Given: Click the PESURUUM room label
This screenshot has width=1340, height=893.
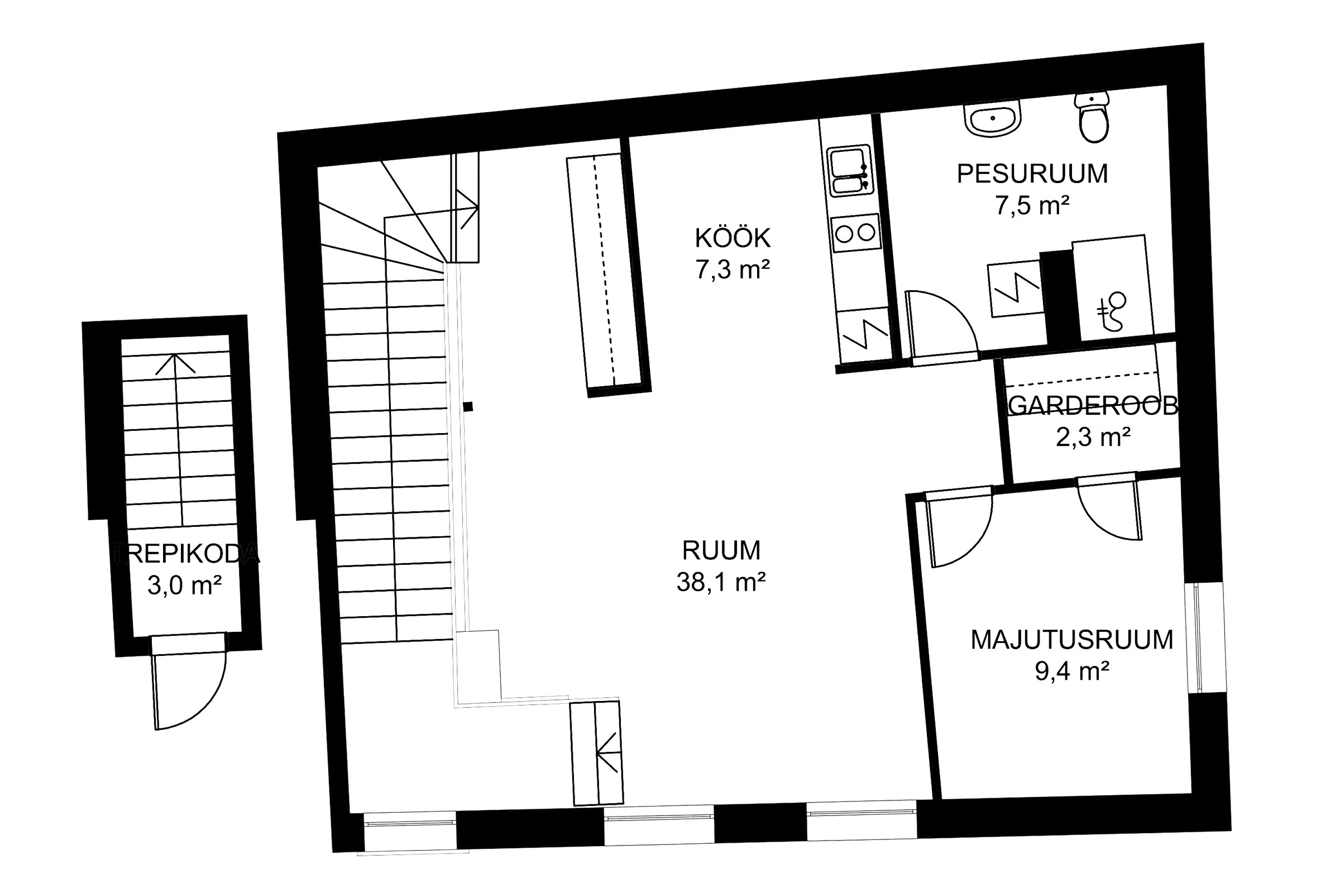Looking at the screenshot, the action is point(1032,174).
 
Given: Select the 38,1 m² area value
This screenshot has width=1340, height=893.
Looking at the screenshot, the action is point(721,582).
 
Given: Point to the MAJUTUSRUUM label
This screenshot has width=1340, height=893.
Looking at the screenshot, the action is point(1071,640).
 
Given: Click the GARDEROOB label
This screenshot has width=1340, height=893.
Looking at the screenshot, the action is point(1093,406).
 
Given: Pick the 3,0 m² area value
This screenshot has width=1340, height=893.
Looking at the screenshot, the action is point(184,585).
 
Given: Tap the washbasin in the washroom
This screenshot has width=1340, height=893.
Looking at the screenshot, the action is point(992,119).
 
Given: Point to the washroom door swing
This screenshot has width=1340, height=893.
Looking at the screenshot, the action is point(943,328).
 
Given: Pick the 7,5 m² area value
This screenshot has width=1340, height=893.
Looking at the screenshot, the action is point(1032,205).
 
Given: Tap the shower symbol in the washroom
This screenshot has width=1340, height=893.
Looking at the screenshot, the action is point(1113,311).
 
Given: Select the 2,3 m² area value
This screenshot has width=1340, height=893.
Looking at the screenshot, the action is point(1093,437).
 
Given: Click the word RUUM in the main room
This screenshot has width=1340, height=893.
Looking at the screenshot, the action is point(721,551).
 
